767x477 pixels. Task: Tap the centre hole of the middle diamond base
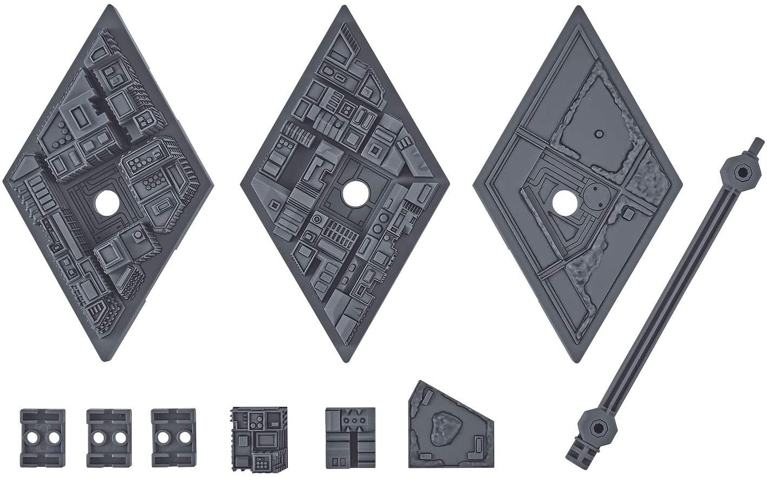click(x=354, y=193)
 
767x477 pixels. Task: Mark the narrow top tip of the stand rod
click(x=755, y=145)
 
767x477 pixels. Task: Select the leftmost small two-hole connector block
click(x=43, y=430)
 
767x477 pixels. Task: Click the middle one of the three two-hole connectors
click(x=109, y=430)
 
